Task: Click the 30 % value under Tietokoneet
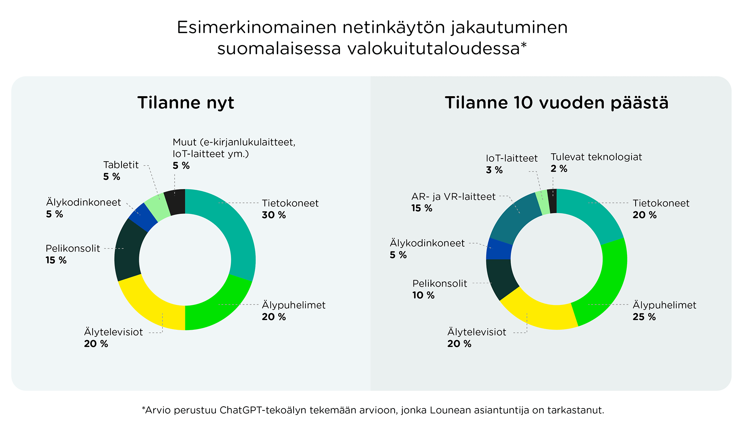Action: coord(274,215)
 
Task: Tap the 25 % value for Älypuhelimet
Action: coord(644,317)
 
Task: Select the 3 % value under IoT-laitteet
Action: coord(494,170)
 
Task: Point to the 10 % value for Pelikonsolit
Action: coord(423,295)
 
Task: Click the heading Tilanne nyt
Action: coord(186,102)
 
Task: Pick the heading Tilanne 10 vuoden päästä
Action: coord(557,102)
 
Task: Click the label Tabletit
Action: coord(121,165)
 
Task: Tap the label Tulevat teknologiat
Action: coord(596,157)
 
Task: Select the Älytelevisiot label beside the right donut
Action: coord(477,332)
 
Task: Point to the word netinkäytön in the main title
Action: coord(394,28)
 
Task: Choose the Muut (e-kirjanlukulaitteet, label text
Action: coord(234,142)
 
